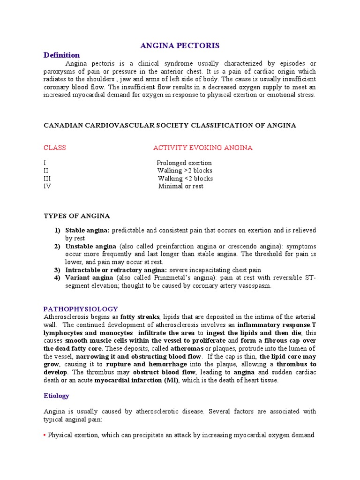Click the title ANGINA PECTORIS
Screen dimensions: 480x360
[180, 45]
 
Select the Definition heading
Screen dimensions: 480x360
[61, 55]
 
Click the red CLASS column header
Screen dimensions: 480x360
[54, 148]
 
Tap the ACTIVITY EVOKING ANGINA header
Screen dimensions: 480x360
[202, 148]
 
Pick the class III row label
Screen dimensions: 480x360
[47, 179]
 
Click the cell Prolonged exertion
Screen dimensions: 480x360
[184, 163]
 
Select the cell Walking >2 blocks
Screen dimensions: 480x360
[185, 171]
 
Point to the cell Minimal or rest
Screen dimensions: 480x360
[180, 186]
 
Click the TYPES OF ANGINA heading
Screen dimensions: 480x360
[76, 216]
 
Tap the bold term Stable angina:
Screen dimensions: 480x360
[87, 231]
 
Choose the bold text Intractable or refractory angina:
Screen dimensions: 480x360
[116, 270]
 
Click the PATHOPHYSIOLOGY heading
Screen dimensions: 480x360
[81, 309]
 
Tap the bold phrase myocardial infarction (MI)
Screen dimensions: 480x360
[136, 380]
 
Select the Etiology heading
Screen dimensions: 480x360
[56, 396]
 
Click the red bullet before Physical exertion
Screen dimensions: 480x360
[45, 435]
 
